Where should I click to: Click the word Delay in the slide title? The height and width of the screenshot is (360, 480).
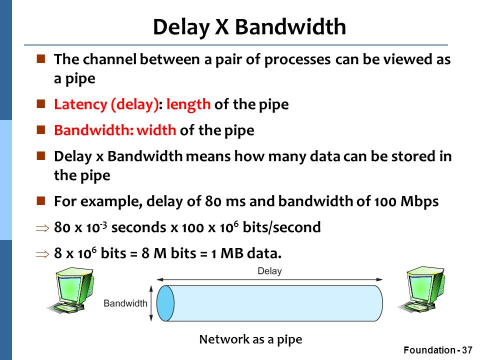(181, 27)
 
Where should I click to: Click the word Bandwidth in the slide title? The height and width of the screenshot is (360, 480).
(290, 27)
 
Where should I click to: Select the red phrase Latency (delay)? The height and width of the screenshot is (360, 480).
(106, 104)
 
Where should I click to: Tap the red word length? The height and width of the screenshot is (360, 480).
(188, 104)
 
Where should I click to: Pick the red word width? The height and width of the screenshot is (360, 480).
(156, 130)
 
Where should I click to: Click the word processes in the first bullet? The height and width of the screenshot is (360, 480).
(297, 59)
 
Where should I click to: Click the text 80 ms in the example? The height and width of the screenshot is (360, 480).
(225, 201)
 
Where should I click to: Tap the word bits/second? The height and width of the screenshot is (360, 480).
(281, 227)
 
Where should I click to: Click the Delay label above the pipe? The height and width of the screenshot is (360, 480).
(269, 271)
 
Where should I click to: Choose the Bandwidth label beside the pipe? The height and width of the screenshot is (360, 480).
(125, 303)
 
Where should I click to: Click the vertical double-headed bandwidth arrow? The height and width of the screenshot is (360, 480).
(151, 303)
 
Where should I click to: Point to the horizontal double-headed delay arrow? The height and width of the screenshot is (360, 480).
(269, 279)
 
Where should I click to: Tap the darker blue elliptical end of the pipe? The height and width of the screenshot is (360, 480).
(165, 303)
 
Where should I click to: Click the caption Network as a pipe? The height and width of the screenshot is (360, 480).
(250, 339)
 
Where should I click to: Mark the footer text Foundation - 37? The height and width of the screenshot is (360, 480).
(438, 350)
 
